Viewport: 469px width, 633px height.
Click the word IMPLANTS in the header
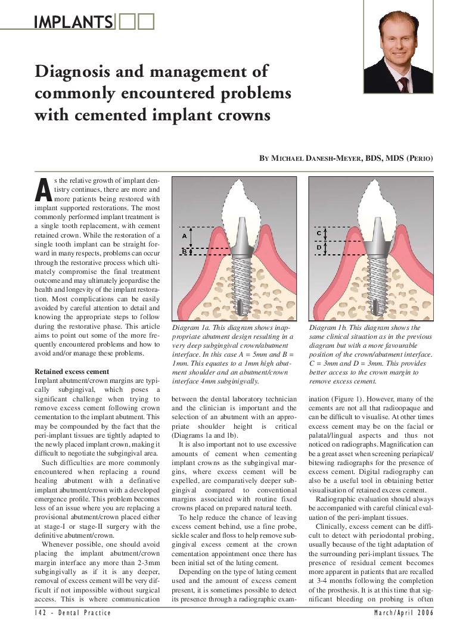(73, 22)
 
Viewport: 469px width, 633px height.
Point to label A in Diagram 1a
(184, 236)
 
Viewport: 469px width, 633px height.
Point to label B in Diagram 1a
(184, 252)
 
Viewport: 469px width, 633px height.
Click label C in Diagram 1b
(319, 233)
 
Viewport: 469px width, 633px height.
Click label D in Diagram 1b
(319, 247)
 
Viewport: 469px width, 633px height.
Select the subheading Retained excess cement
(72, 372)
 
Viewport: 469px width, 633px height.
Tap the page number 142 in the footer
(42, 613)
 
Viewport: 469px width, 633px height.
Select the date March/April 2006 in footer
(403, 613)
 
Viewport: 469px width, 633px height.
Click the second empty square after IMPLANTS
(145, 22)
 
